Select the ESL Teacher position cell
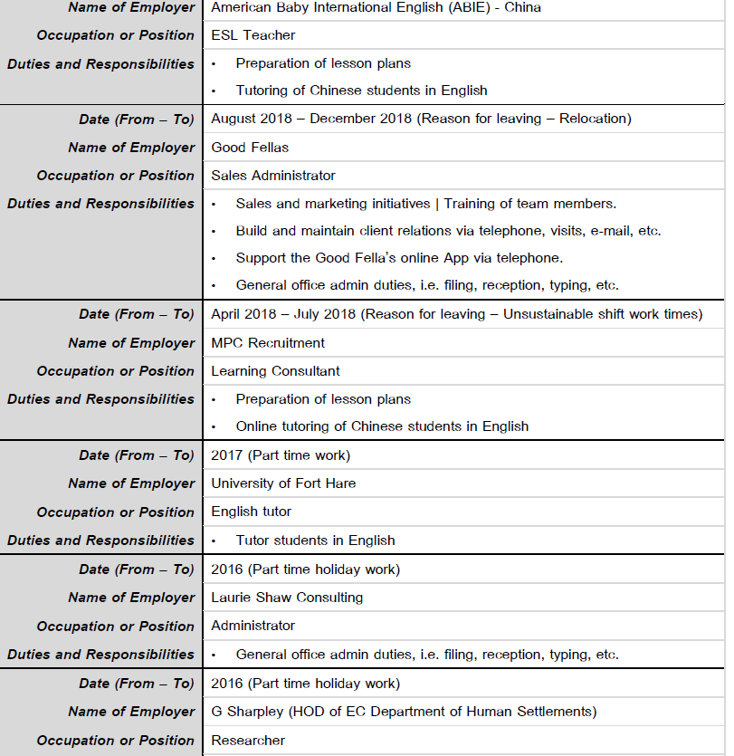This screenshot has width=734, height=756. tap(253, 35)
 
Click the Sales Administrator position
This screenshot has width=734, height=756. tap(273, 176)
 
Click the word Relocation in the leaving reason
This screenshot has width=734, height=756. tap(593, 119)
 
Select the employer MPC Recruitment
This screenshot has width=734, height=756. tap(268, 343)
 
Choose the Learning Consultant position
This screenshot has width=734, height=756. tap(276, 371)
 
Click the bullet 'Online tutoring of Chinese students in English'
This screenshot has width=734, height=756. tap(382, 426)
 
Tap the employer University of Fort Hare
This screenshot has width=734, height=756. tap(283, 483)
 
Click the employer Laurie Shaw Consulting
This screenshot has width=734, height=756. tap(287, 598)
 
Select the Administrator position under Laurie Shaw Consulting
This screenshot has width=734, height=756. tap(253, 627)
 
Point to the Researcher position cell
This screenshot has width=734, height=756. tap(248, 741)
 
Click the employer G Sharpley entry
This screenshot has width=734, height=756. tap(404, 712)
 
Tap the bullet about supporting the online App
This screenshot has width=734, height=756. tap(399, 258)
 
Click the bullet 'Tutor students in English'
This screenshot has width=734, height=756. tap(315, 541)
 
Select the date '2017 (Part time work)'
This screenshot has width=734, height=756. tap(281, 455)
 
